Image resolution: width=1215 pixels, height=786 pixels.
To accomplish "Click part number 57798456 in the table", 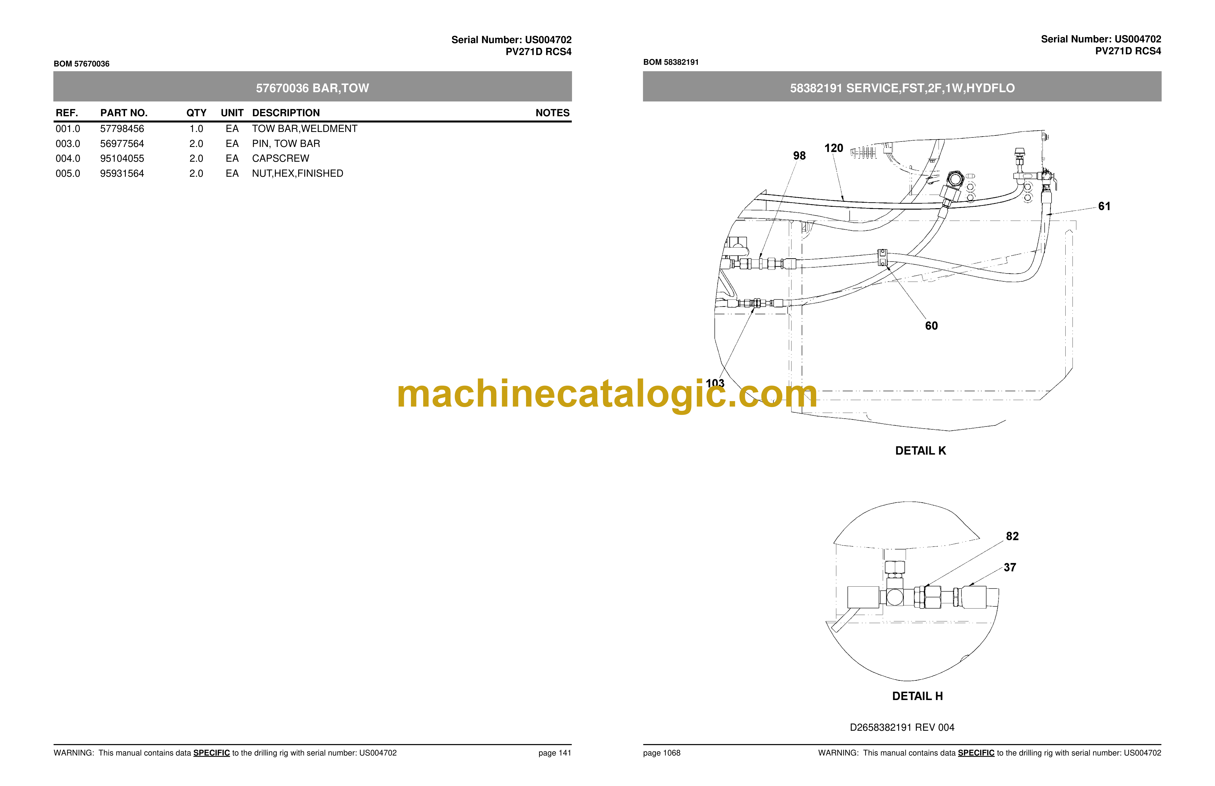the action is (x=122, y=129).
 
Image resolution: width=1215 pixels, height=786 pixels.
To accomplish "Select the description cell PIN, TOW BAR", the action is (x=286, y=143).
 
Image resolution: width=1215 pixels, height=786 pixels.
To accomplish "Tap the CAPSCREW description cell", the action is (x=280, y=158).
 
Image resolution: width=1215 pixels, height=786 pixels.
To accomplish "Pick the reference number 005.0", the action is (x=68, y=174).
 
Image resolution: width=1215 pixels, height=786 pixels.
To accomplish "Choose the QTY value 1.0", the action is (x=196, y=129).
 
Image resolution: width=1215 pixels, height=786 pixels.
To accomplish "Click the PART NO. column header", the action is (x=124, y=113).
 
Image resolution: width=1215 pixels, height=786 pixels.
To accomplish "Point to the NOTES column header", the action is (x=552, y=113).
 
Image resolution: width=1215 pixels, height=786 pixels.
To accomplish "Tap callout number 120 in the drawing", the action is (x=834, y=148).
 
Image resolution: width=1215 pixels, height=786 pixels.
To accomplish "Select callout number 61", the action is (x=1104, y=206).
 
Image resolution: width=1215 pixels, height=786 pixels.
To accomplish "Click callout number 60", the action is (x=931, y=326).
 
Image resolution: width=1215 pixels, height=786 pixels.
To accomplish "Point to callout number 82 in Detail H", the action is (x=1012, y=536).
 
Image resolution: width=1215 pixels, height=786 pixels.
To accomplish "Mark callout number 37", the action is (x=1010, y=567).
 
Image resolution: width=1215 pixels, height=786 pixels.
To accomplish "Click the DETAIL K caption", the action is (x=921, y=451).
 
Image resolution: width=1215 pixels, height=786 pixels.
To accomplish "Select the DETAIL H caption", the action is (x=917, y=696).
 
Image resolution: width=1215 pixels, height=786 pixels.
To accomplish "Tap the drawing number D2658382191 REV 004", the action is (x=902, y=727).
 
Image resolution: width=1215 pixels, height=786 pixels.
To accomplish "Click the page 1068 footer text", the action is (x=662, y=753).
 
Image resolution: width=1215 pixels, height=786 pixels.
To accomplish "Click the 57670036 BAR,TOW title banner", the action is (x=312, y=88).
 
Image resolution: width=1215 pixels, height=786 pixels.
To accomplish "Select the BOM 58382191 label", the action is (x=671, y=62).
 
